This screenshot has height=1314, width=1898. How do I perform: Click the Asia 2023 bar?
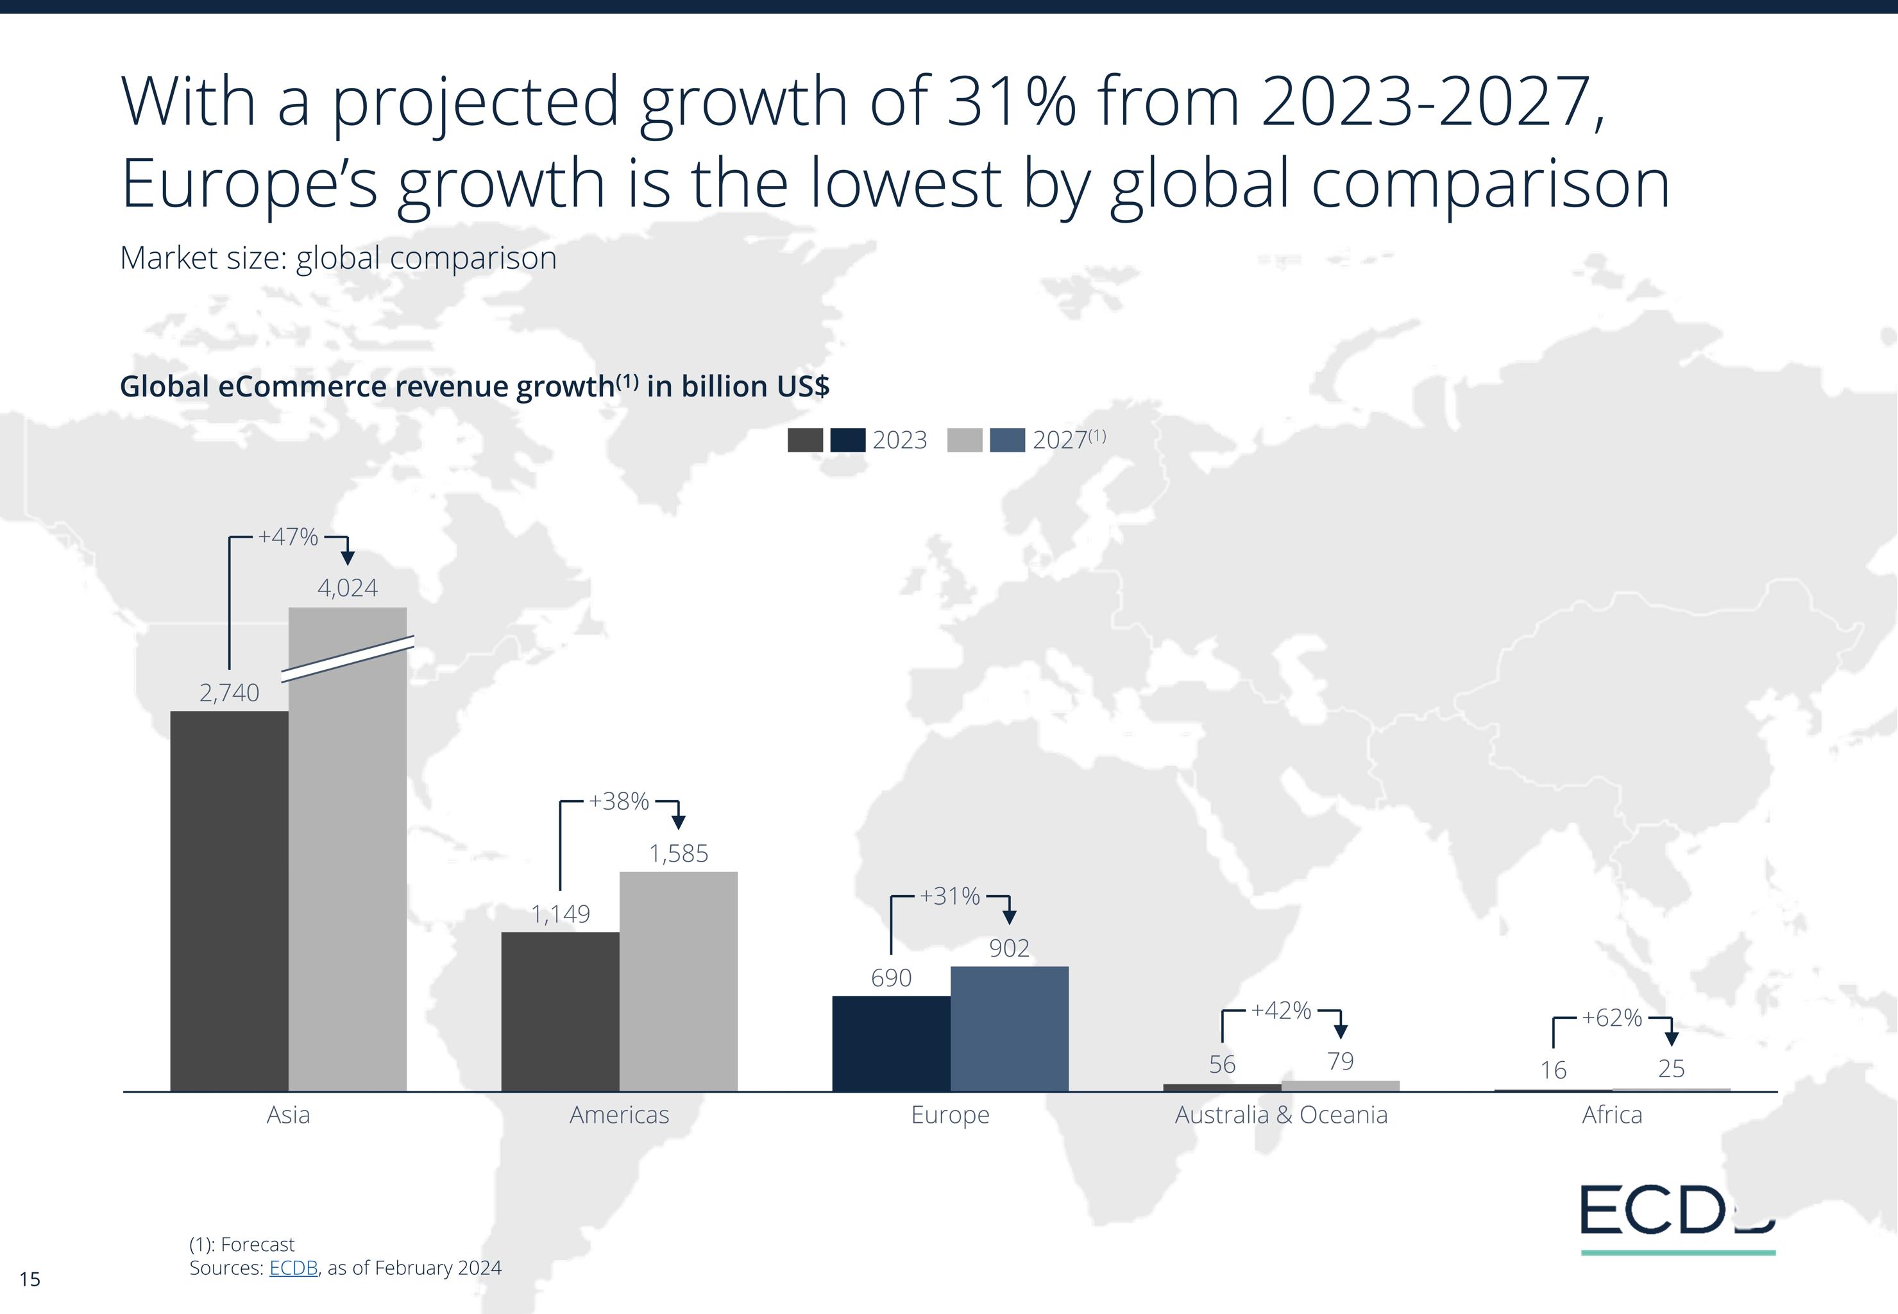(x=229, y=901)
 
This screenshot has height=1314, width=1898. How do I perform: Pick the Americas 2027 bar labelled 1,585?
(x=678, y=982)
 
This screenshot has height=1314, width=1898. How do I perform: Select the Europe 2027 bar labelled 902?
(x=1009, y=1028)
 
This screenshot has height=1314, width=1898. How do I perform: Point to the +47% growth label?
(x=288, y=537)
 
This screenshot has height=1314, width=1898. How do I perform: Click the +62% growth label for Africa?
(x=1611, y=1018)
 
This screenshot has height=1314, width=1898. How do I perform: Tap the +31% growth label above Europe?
(x=950, y=896)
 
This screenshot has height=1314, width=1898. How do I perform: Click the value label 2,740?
(x=229, y=692)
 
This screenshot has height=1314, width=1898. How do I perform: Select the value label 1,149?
(x=560, y=914)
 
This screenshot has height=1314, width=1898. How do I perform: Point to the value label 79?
(x=1341, y=1061)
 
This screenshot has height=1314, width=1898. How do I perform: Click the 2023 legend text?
(x=900, y=441)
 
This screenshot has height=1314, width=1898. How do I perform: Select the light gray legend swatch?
(x=965, y=441)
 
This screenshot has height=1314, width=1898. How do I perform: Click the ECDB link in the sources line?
(x=293, y=1268)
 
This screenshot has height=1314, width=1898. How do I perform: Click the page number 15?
(x=30, y=1279)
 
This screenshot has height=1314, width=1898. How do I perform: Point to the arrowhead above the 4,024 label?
(x=347, y=558)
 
